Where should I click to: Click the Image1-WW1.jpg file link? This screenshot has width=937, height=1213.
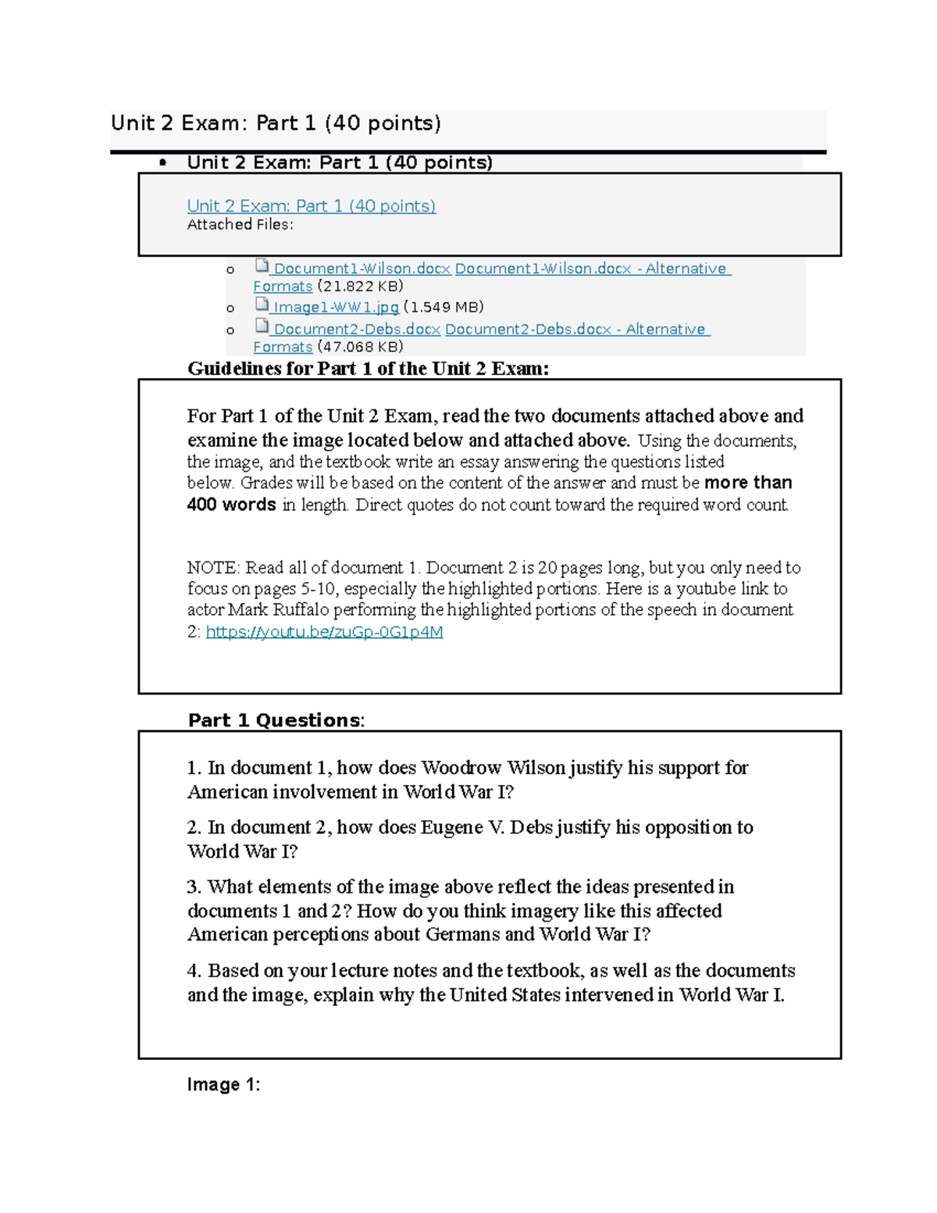click(x=336, y=307)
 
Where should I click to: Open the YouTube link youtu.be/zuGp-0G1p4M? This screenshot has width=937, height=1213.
click(x=324, y=632)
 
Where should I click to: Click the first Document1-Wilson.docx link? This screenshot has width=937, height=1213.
click(x=362, y=269)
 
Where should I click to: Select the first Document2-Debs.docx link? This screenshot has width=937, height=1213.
click(x=357, y=330)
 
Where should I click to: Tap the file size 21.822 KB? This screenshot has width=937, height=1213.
click(x=360, y=287)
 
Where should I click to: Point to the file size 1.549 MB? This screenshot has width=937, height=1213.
click(x=444, y=307)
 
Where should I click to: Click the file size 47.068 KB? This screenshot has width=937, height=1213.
click(x=360, y=348)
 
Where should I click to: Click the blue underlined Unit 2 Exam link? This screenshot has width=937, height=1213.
click(x=311, y=206)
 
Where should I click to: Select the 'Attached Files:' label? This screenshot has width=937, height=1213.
click(x=240, y=225)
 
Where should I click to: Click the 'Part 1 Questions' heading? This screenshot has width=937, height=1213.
click(x=275, y=720)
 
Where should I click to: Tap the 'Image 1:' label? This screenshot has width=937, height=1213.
click(x=223, y=1085)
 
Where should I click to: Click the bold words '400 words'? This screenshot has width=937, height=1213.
click(x=231, y=505)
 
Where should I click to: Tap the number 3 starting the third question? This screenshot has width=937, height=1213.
click(x=193, y=887)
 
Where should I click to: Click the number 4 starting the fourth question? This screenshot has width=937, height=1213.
click(x=193, y=971)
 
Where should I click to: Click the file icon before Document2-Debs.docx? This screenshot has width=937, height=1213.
click(x=262, y=326)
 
